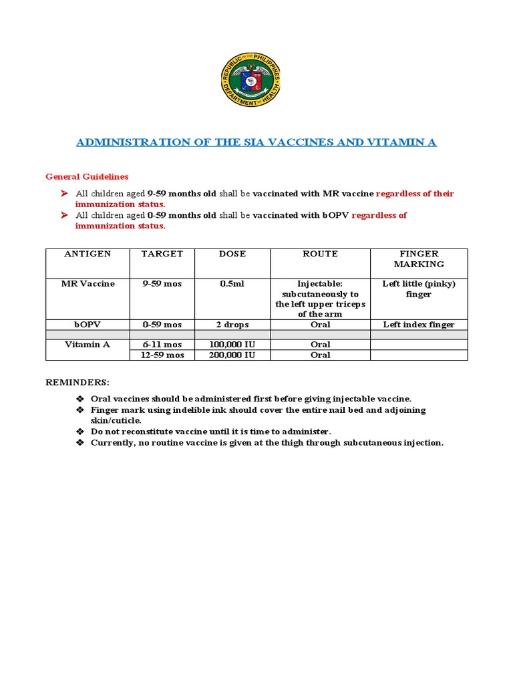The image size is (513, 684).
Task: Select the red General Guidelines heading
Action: click(87, 177)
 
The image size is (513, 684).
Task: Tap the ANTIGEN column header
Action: click(88, 254)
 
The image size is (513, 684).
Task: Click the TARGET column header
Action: click(162, 254)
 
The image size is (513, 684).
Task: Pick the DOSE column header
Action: click(232, 254)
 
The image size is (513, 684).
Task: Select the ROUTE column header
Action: click(320, 254)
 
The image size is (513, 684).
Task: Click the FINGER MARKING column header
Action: click(419, 259)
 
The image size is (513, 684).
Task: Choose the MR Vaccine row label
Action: click(88, 284)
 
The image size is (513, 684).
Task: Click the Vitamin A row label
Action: click(88, 345)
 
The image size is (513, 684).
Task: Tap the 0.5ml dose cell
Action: click(232, 284)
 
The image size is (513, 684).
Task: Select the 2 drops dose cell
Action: click(232, 325)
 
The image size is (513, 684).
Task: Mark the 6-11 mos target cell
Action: click(162, 345)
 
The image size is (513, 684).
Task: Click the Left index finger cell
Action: click(419, 325)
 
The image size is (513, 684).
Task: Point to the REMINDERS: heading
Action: click(77, 383)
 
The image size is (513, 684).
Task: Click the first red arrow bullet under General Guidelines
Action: click(65, 194)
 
